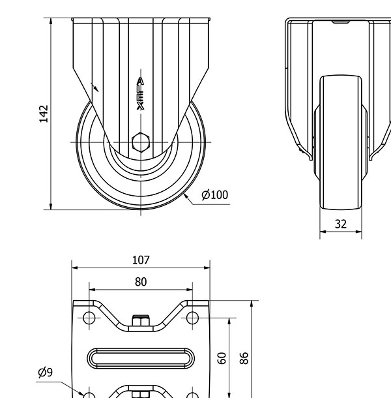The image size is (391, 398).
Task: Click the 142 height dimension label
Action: pos(44,113)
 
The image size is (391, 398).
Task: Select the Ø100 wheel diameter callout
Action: pos(214,194)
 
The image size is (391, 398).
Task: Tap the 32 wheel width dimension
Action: pos(340,224)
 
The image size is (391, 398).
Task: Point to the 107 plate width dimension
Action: pos(141,260)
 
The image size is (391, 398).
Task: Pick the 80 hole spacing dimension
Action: pos(141,282)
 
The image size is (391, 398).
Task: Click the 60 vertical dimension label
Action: pos(222,358)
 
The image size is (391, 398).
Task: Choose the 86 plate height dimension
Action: pos(244,358)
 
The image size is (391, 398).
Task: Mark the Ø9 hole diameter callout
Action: pos(45,373)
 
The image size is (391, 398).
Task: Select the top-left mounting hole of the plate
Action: pos(89,318)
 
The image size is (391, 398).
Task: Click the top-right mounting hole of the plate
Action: pos(192,318)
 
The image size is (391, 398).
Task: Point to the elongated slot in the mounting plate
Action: pos(141,358)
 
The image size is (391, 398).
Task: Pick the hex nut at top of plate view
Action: pos(141,320)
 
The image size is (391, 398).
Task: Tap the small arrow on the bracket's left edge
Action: pos(95,87)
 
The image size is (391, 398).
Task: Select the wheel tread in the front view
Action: pos(340,144)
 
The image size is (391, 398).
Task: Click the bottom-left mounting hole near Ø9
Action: pos(89,395)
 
